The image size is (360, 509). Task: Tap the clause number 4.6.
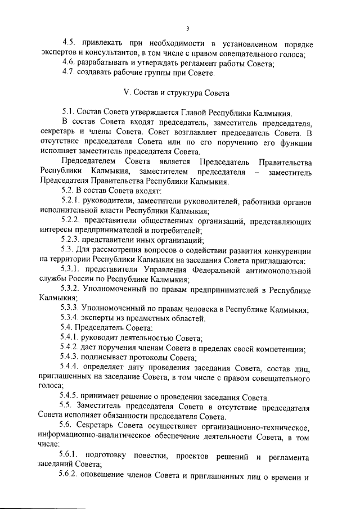pyautogui.click(x=71, y=64)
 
